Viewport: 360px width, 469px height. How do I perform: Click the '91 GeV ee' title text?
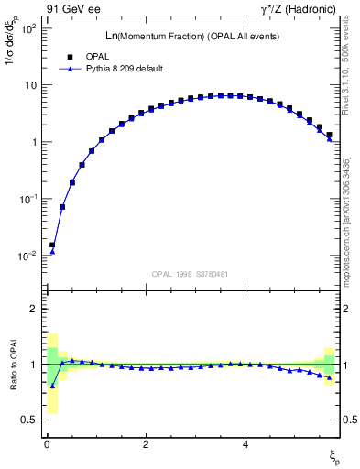[71, 10]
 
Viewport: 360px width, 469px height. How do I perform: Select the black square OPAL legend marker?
[70, 56]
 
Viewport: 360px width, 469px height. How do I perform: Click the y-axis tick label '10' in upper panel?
[29, 85]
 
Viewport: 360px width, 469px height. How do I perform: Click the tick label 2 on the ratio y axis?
[33, 309]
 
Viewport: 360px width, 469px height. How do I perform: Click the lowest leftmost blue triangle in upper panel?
[52, 251]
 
